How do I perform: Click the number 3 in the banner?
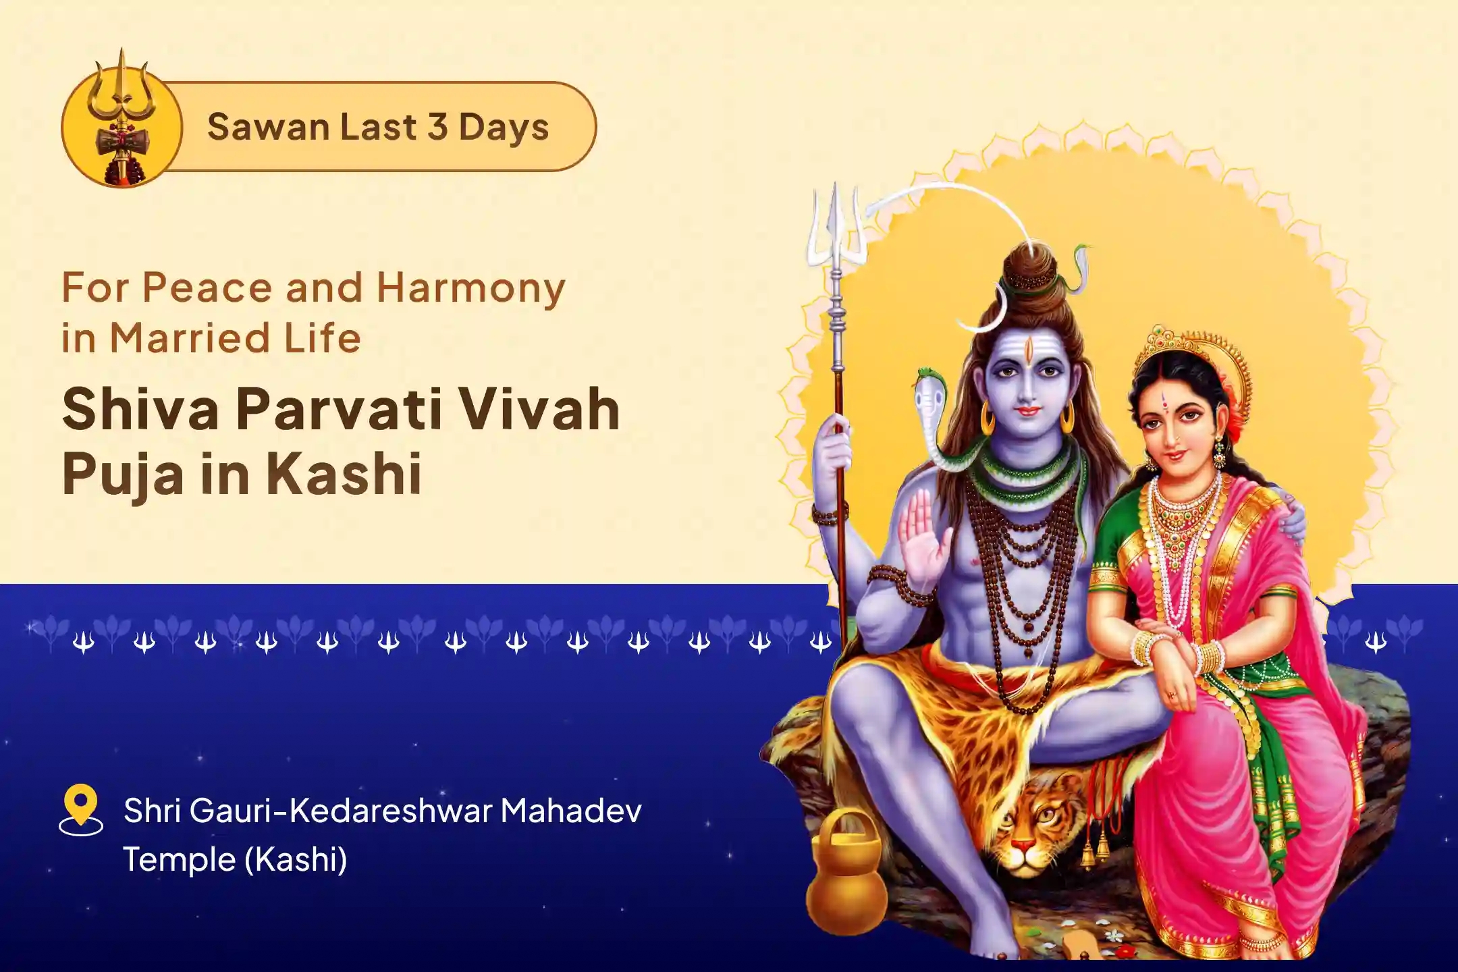click(x=437, y=127)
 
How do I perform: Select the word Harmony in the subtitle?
click(x=470, y=289)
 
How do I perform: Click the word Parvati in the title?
click(x=337, y=410)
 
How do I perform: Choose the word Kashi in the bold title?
click(x=344, y=474)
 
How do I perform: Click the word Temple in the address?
click(x=178, y=859)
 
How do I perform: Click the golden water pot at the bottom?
click(x=847, y=878)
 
